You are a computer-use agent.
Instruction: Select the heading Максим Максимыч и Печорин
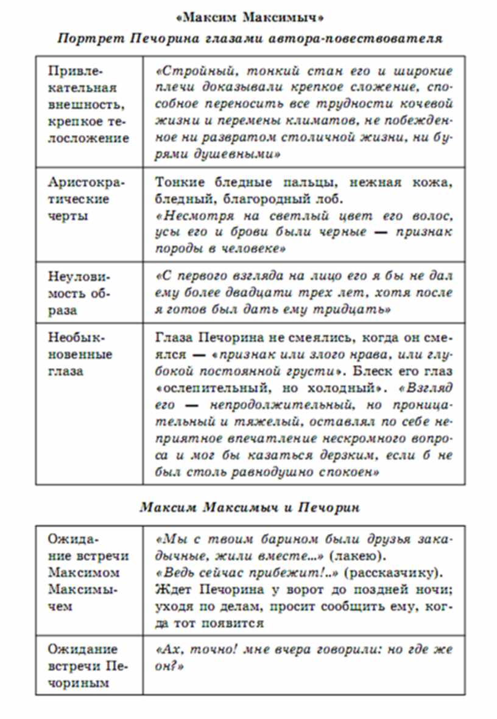(249, 507)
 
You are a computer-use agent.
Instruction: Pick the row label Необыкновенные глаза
(77, 354)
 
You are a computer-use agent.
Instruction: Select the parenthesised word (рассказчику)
(404, 572)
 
